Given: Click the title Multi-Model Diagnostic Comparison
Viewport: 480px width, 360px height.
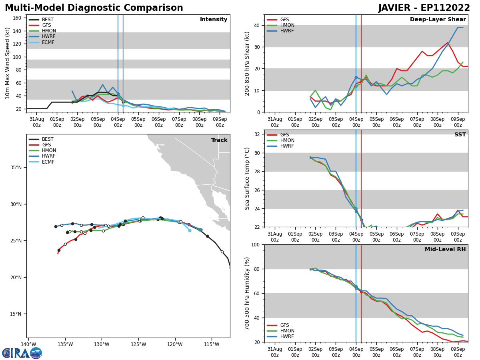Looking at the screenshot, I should pos(94,8).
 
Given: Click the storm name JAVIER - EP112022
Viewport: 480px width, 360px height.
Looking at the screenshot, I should pos(424,8).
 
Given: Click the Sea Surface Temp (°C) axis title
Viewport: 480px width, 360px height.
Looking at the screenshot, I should pos(247,178).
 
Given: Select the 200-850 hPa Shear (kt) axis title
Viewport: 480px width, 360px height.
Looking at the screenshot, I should pos(247,63).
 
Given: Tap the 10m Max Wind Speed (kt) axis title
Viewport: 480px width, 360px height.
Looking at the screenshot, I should pos(8,63).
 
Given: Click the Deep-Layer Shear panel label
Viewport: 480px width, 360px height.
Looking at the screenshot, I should pos(438,20).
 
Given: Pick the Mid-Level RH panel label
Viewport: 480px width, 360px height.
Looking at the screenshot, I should pos(445,250).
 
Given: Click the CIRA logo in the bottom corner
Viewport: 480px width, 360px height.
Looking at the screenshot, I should pos(22,353).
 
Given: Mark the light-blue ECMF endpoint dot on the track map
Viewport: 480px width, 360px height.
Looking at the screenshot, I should pos(190,230).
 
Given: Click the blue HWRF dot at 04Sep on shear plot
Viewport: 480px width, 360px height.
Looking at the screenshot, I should pos(356,77).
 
